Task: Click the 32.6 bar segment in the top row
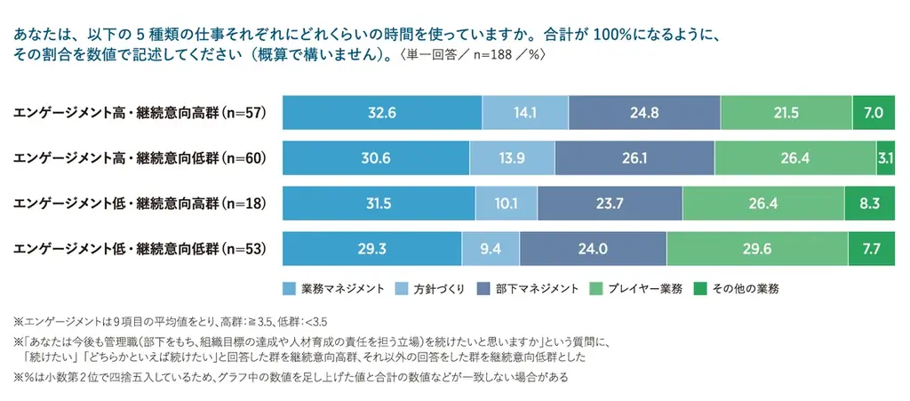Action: (382, 112)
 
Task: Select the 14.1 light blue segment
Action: (525, 112)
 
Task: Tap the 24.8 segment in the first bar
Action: (644, 112)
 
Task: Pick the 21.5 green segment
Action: (786, 112)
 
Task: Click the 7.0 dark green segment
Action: (874, 112)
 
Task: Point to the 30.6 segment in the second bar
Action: (376, 157)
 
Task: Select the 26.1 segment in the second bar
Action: (635, 157)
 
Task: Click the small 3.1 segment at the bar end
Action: (885, 157)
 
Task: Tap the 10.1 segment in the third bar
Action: (506, 204)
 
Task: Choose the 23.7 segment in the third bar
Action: (609, 204)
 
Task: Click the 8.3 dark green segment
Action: (870, 204)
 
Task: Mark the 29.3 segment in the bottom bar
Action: (371, 249)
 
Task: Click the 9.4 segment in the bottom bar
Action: (491, 249)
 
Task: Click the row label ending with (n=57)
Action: (140, 113)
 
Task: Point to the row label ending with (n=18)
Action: (140, 204)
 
